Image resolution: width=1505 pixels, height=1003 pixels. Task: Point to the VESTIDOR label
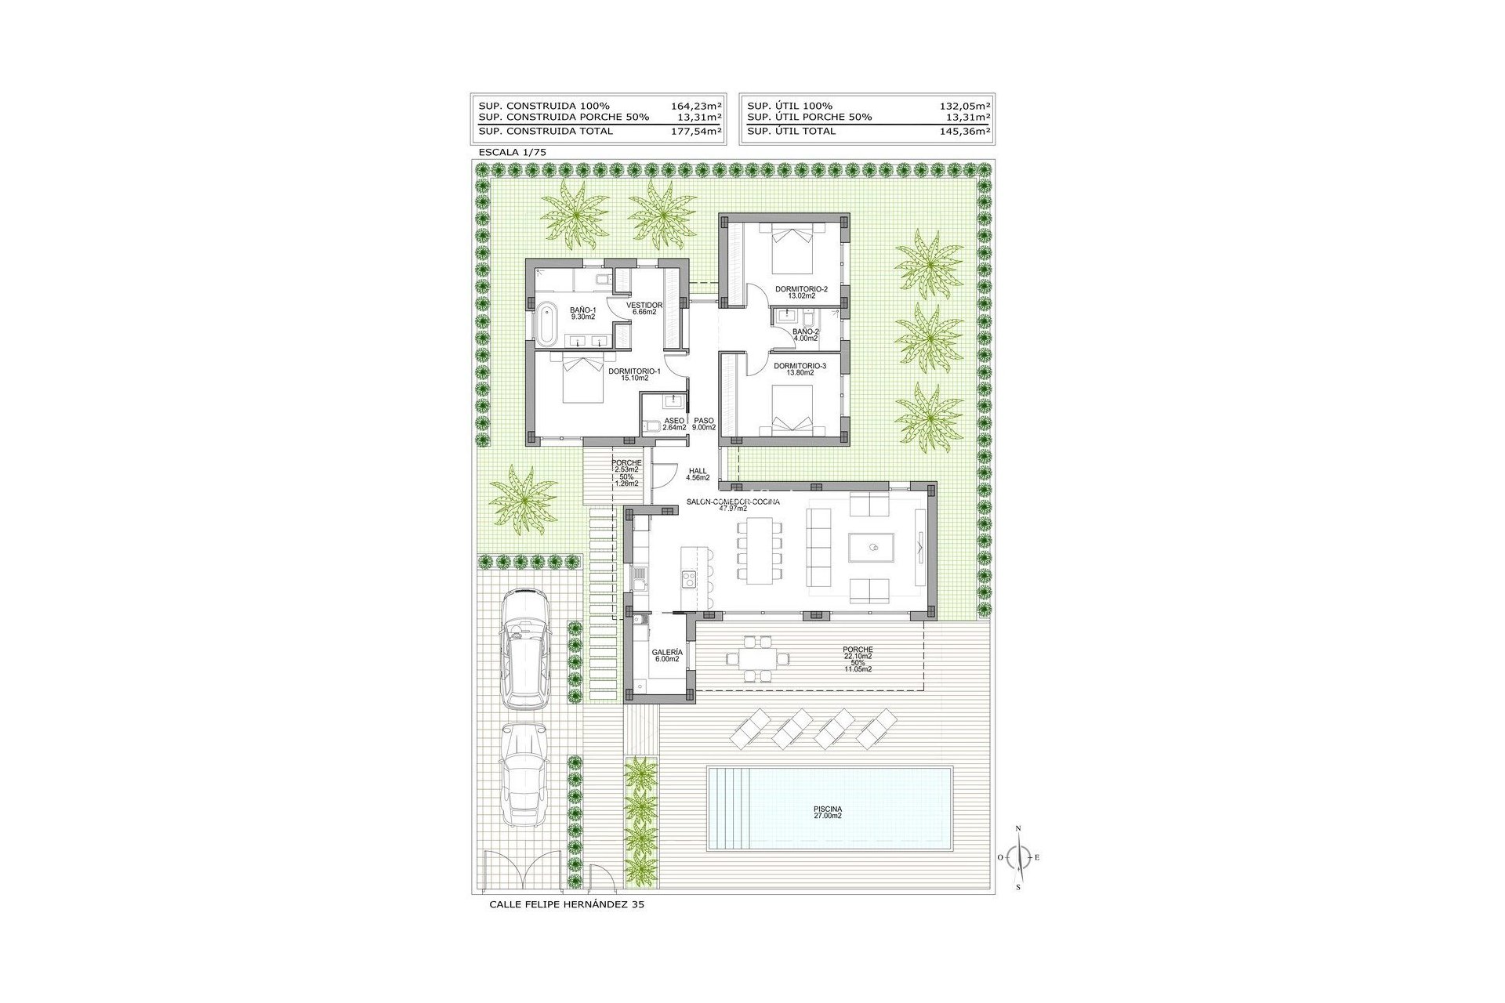tap(644, 308)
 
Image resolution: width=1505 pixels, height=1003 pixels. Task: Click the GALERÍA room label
tap(666, 655)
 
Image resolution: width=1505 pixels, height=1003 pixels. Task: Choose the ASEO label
tap(674, 424)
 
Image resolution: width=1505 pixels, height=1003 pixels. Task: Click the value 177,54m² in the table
tap(697, 131)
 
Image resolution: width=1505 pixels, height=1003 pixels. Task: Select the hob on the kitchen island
tap(690, 579)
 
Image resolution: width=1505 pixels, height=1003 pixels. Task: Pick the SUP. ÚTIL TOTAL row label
tap(792, 131)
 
